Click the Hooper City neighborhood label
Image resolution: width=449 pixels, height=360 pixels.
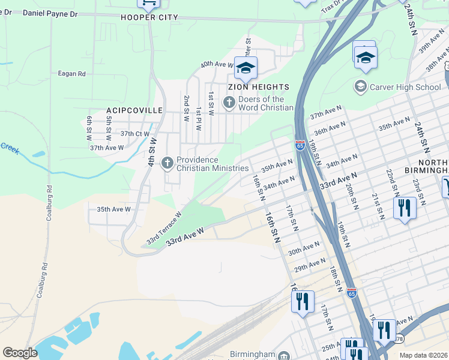click(149, 17)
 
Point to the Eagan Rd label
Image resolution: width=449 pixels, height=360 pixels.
click(71, 74)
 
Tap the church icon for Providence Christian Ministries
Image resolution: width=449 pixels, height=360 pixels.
click(168, 163)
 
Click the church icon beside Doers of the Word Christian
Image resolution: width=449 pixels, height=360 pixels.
click(229, 103)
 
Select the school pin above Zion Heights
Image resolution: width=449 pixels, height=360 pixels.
click(246, 68)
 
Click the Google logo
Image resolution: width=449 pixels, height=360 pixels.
click(20, 352)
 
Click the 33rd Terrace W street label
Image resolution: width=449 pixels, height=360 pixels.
click(164, 229)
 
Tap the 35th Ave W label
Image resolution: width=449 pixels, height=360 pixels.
click(113, 209)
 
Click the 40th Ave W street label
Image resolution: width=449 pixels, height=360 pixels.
click(217, 64)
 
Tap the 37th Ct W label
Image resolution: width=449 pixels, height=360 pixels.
click(134, 134)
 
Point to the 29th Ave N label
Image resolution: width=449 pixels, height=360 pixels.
click(309, 264)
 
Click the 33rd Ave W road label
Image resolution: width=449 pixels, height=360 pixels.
click(185, 235)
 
